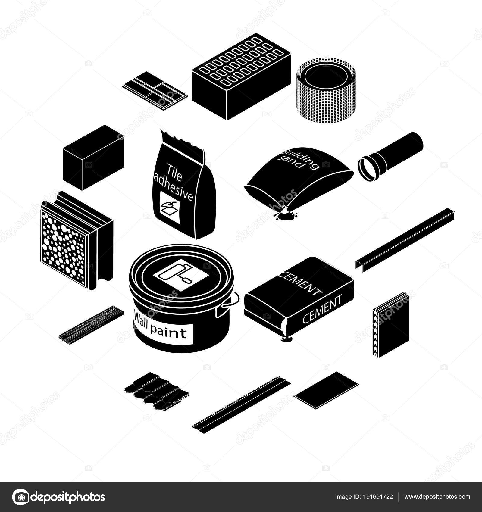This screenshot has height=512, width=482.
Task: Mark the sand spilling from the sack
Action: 285,214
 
